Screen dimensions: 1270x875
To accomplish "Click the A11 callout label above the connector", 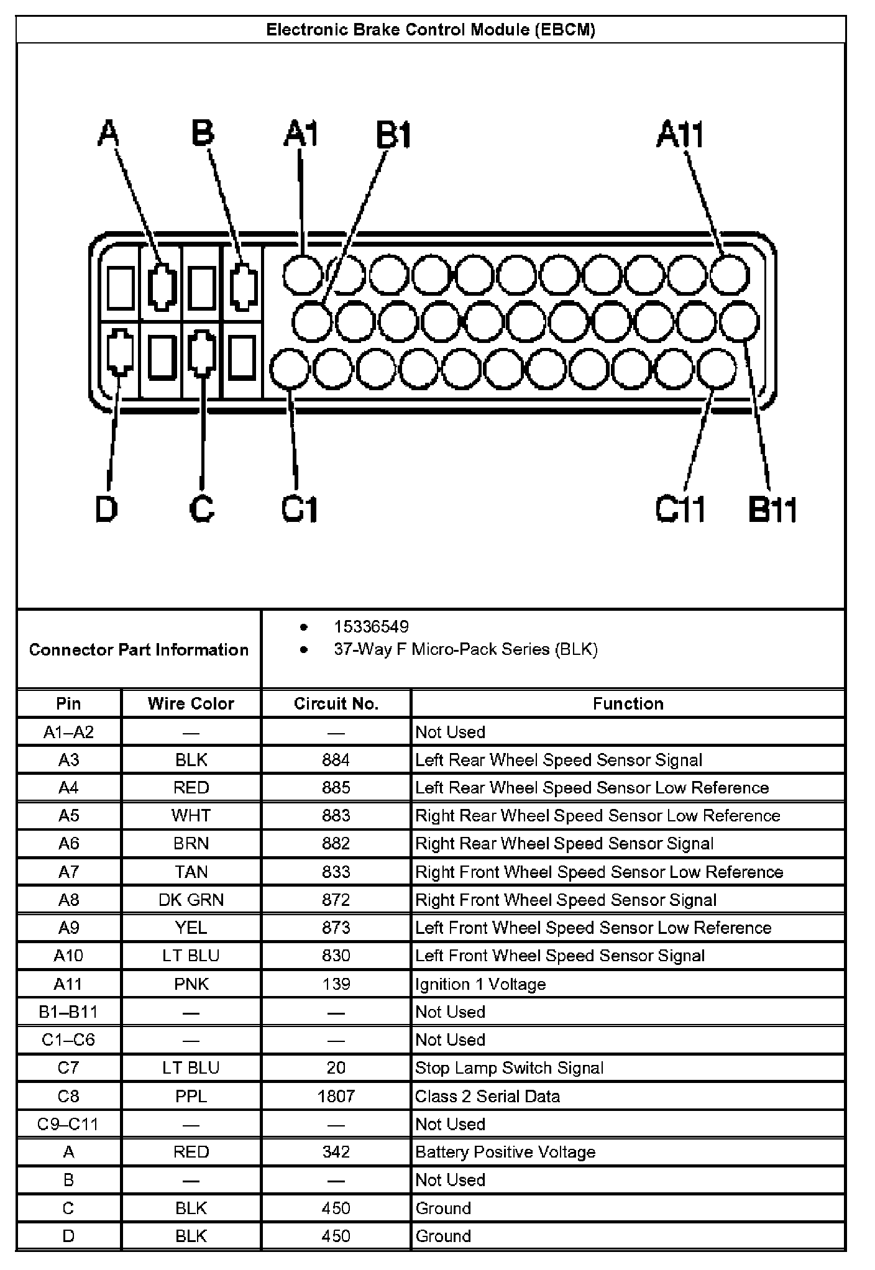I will [x=680, y=134].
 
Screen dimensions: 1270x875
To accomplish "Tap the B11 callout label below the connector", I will [x=772, y=509].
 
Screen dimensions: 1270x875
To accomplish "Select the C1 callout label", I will [x=300, y=509].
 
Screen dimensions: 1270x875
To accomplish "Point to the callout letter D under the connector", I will [x=107, y=509].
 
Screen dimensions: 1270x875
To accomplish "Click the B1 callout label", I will [x=394, y=135].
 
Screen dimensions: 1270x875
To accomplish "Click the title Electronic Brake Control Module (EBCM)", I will [x=431, y=30].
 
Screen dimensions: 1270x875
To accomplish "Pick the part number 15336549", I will [x=371, y=626].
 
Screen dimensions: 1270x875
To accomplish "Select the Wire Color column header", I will [x=191, y=703].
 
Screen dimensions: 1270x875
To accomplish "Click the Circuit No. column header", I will [x=336, y=703].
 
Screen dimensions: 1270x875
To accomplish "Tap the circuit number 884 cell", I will [x=336, y=760].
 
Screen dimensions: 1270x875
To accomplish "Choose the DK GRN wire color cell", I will [x=191, y=900].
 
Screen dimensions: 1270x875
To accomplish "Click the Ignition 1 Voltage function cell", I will [x=480, y=984].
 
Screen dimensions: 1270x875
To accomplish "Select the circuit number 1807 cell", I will [x=336, y=1096].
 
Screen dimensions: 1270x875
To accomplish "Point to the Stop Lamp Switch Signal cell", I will [x=509, y=1068].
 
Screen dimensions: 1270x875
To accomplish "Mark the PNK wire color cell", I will [x=191, y=984].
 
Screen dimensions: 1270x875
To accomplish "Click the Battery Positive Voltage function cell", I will [x=505, y=1152].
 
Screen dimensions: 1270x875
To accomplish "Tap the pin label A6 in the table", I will [x=68, y=844].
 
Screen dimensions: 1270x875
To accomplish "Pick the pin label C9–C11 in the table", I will [x=68, y=1124].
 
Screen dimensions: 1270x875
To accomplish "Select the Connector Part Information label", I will [x=139, y=650].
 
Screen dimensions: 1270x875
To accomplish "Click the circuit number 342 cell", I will [x=336, y=1152].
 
